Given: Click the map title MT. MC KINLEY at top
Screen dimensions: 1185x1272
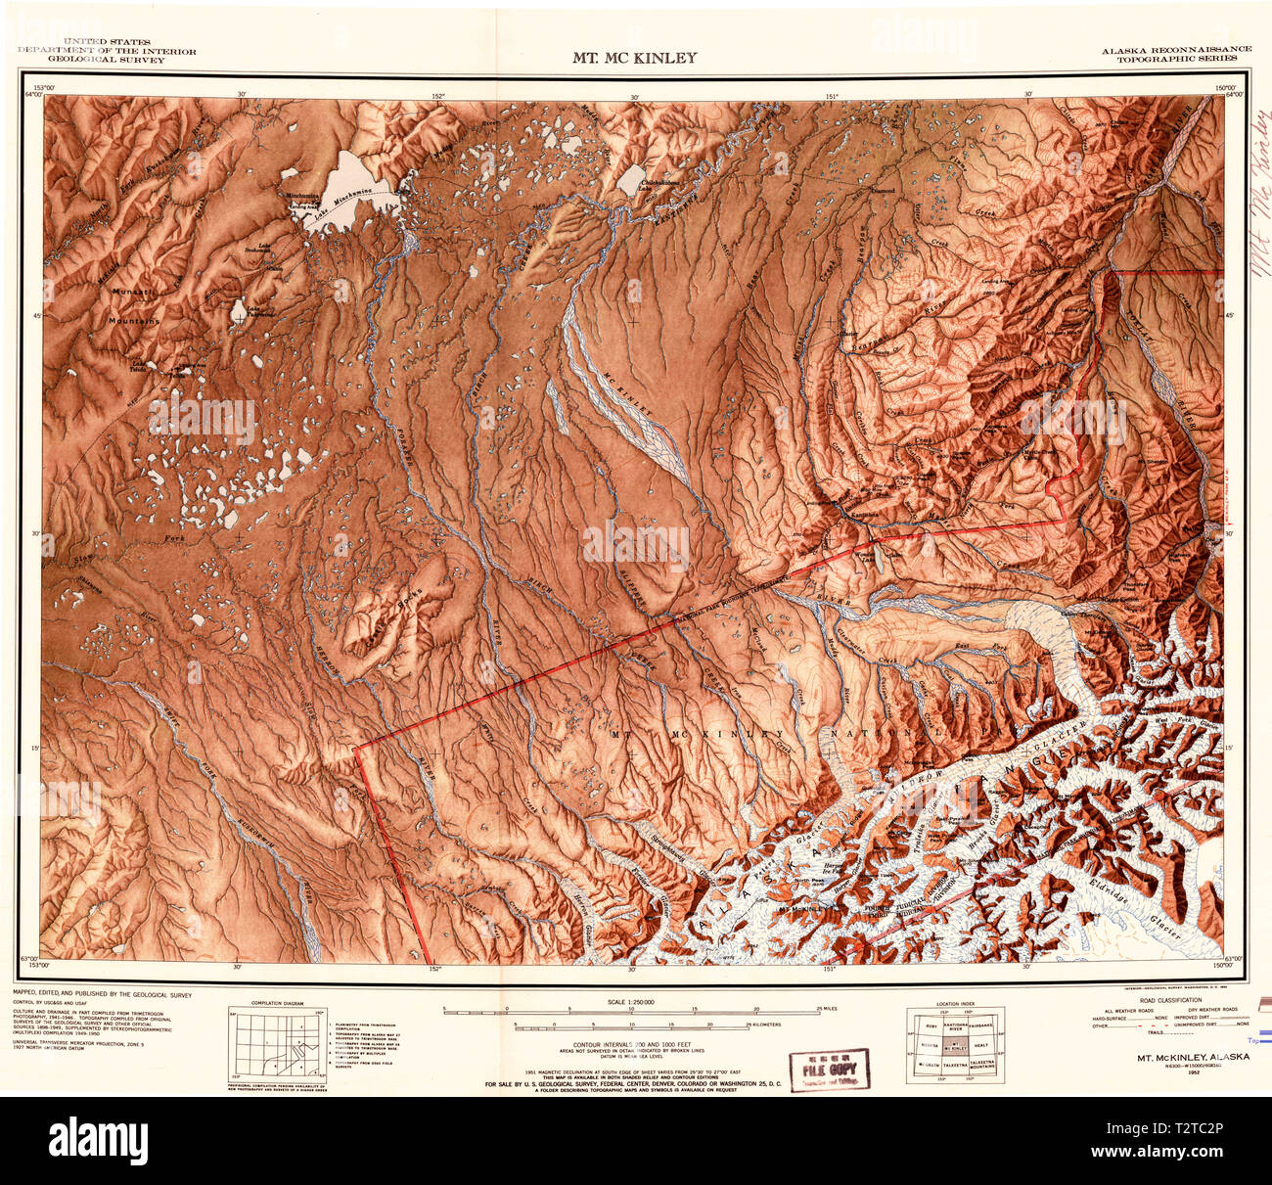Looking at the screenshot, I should (635, 58).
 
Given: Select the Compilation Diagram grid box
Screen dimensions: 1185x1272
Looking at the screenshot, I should (275, 1045).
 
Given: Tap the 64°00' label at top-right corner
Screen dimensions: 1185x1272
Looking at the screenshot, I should (1230, 95).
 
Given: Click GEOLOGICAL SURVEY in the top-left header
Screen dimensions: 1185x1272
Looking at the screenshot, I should (108, 60).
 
